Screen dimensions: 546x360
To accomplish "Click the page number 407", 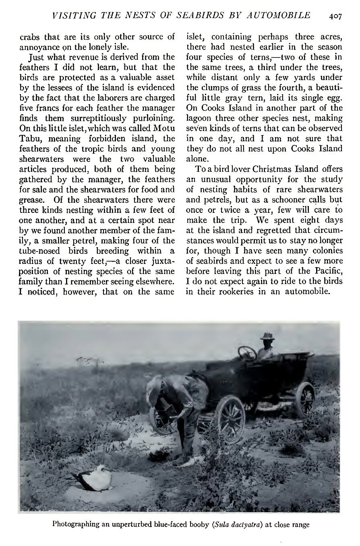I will (335, 16).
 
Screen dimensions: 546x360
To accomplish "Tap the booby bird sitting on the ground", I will (94, 477).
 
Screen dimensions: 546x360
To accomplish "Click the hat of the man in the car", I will (267, 336).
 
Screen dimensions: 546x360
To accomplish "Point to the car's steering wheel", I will (247, 353).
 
